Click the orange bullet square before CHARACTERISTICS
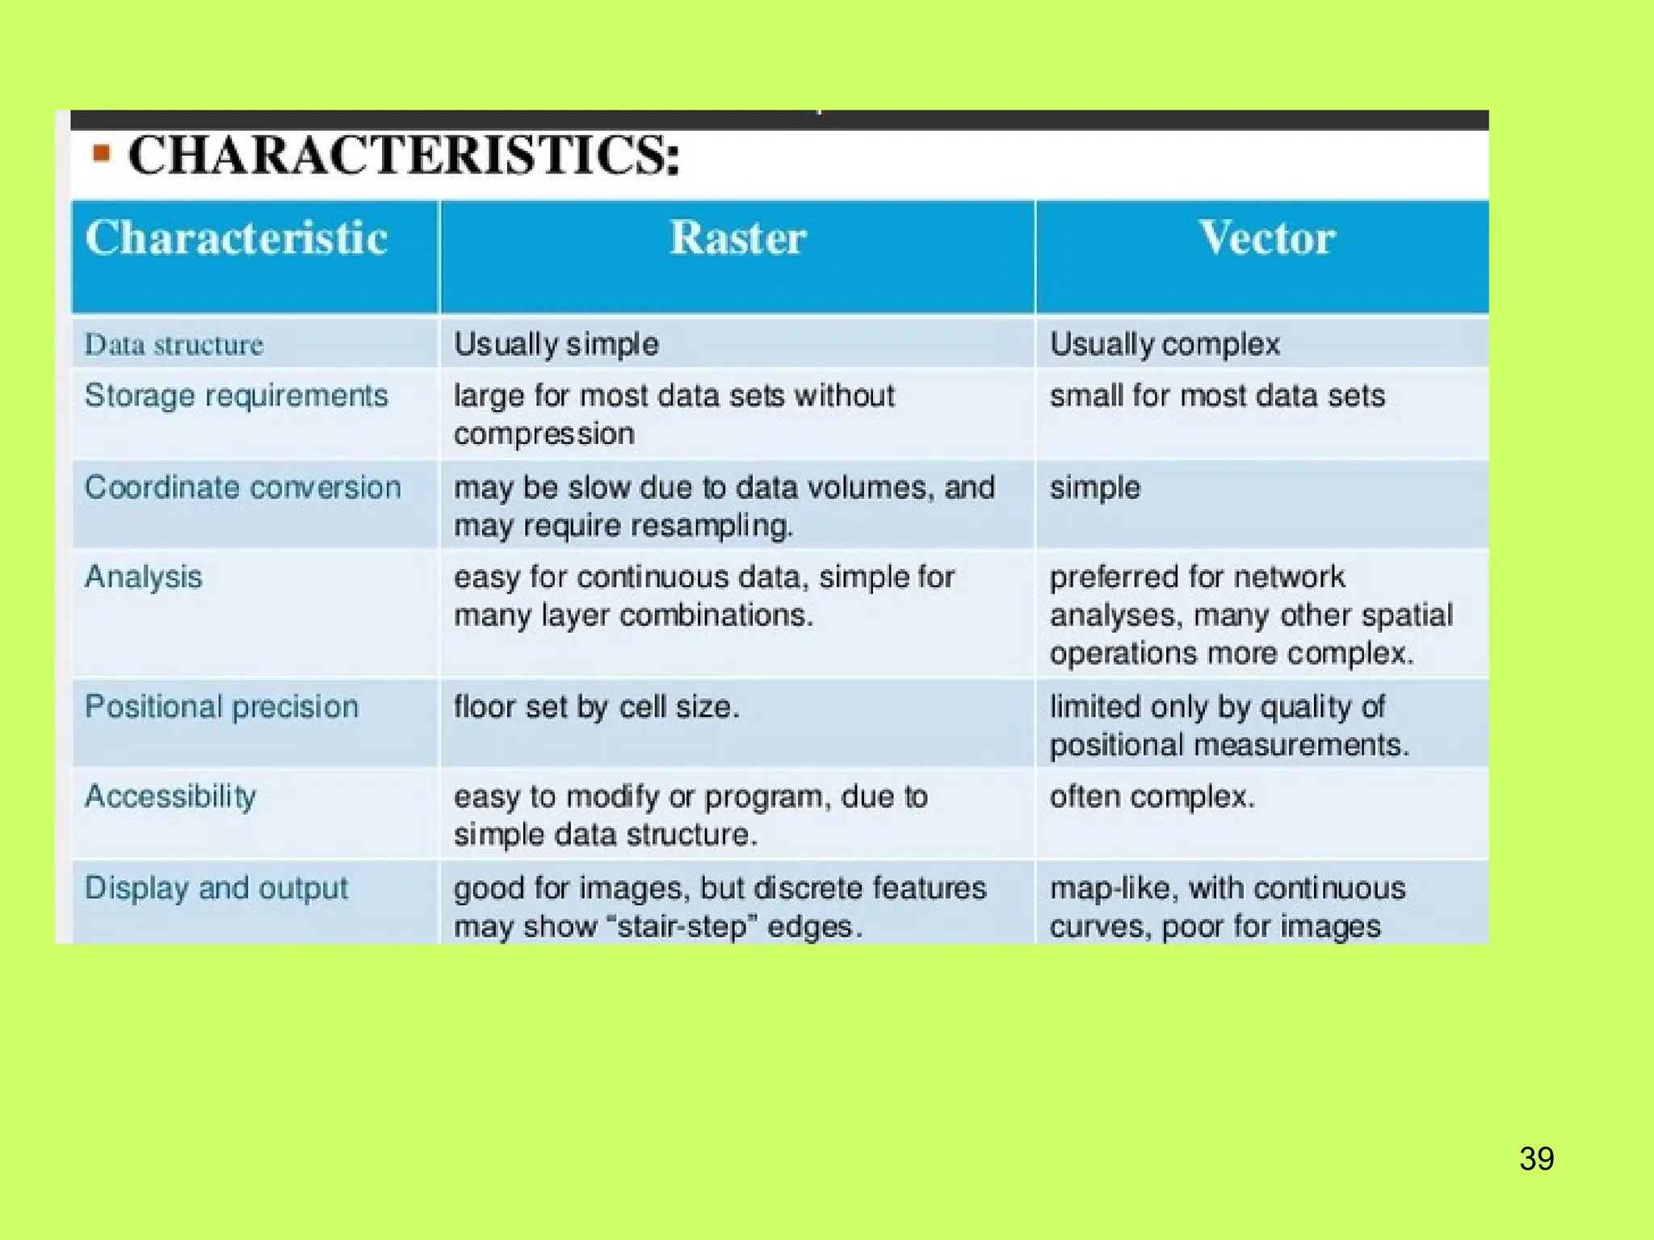[x=101, y=152]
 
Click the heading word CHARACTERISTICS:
[x=404, y=155]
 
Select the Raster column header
[x=737, y=238]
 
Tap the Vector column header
[x=1266, y=238]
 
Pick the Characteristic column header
[x=236, y=238]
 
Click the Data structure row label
[x=174, y=345]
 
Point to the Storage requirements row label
[x=236, y=396]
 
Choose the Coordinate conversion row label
[x=242, y=488]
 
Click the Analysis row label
[x=143, y=577]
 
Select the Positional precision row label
[x=221, y=707]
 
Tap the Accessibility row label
[x=170, y=797]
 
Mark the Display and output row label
[x=216, y=888]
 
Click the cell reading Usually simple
[x=556, y=345]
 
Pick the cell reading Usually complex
[x=1165, y=345]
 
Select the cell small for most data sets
[x=1216, y=396]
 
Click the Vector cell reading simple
[x=1094, y=488]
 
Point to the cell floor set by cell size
[x=596, y=707]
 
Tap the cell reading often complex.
[x=1152, y=797]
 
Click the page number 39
[x=1536, y=1158]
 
